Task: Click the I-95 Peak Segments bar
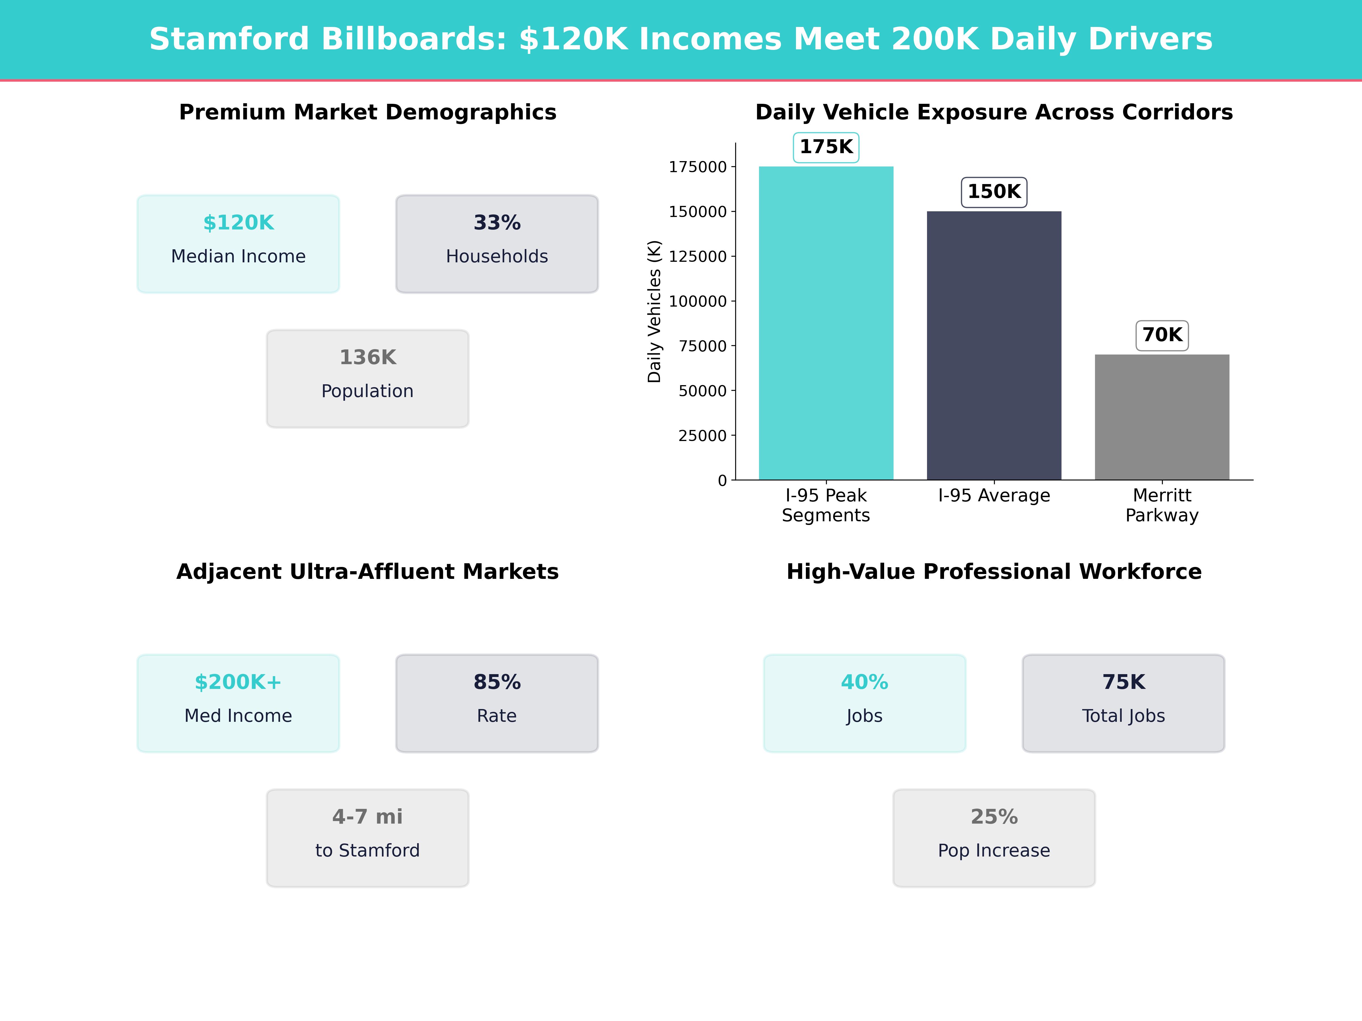(x=826, y=323)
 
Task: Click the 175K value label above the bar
(x=826, y=147)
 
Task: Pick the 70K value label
(x=1162, y=336)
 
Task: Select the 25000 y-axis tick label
(x=702, y=436)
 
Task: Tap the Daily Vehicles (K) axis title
(x=654, y=311)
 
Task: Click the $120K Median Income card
(x=238, y=244)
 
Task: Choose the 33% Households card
(x=497, y=244)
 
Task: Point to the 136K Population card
(x=367, y=379)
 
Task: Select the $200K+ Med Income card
(x=238, y=703)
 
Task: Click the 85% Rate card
(x=497, y=703)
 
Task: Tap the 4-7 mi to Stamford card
(x=367, y=838)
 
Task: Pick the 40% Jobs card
(x=865, y=703)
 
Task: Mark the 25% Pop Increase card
(x=994, y=838)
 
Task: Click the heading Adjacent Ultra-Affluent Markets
(x=367, y=572)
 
